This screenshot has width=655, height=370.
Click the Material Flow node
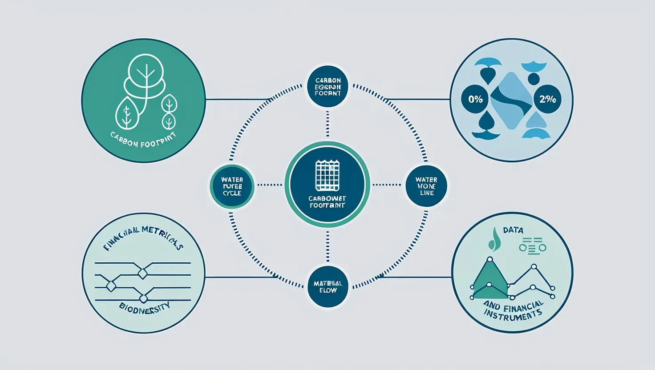tap(328, 287)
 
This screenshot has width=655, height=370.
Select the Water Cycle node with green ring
tap(232, 186)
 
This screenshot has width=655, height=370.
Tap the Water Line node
tap(426, 186)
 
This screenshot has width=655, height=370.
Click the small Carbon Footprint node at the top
tap(328, 87)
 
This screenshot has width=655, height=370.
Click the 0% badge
tap(475, 99)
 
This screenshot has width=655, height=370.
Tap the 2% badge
tap(547, 99)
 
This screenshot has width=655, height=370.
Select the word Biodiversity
tap(145, 306)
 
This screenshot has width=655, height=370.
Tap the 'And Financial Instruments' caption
tap(513, 310)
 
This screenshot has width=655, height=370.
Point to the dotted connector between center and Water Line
tap(387, 185)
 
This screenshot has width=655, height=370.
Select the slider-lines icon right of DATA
tap(532, 245)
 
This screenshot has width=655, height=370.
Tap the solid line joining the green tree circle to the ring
tap(236, 99)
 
